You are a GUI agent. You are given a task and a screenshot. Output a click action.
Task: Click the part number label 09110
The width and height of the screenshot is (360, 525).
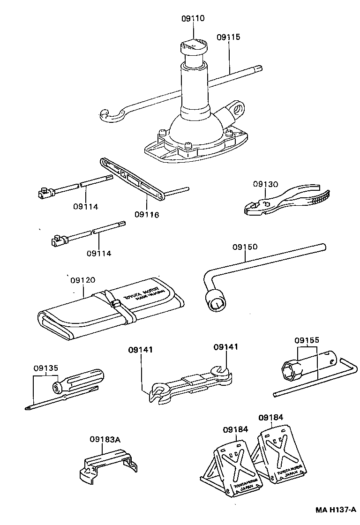193,19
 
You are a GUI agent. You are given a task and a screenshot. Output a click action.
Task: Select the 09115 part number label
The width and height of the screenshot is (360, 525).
228,37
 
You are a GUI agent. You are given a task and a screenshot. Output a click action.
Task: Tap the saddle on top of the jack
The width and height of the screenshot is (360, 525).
193,46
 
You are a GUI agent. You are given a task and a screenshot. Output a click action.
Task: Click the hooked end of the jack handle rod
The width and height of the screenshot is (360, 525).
107,115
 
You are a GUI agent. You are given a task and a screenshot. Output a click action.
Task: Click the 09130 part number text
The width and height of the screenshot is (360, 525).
266,184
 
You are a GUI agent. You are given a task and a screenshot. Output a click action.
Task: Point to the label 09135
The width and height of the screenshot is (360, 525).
46,367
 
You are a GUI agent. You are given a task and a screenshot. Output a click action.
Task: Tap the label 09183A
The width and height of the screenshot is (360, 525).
105,439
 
